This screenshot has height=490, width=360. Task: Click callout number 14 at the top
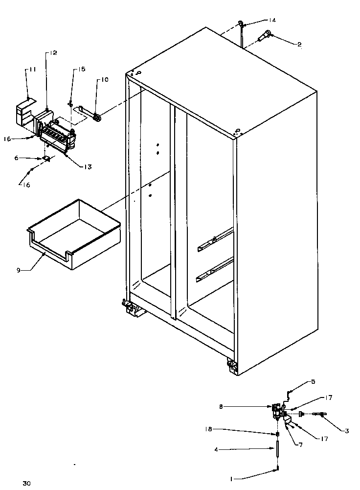272,20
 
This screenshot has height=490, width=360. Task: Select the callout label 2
299,44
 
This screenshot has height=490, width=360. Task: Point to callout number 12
53,53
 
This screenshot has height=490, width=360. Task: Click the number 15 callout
81,69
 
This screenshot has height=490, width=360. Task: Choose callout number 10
105,79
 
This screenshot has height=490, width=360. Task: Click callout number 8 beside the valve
222,406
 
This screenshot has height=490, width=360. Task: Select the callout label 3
346,431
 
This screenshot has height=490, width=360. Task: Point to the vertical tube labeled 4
277,450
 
